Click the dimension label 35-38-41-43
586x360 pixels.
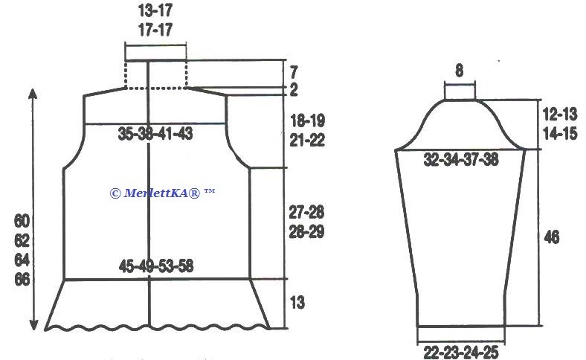(x=155, y=133)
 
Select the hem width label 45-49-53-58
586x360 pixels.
(x=156, y=266)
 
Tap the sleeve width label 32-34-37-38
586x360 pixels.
(x=461, y=160)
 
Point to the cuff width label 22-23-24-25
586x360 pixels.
(x=461, y=352)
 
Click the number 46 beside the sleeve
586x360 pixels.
(x=552, y=237)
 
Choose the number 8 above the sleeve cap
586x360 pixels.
(x=460, y=70)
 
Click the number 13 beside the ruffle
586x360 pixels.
(x=297, y=302)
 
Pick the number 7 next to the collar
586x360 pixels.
(x=294, y=71)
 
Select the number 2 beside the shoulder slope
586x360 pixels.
(x=294, y=90)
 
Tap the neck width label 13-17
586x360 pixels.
(x=155, y=10)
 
